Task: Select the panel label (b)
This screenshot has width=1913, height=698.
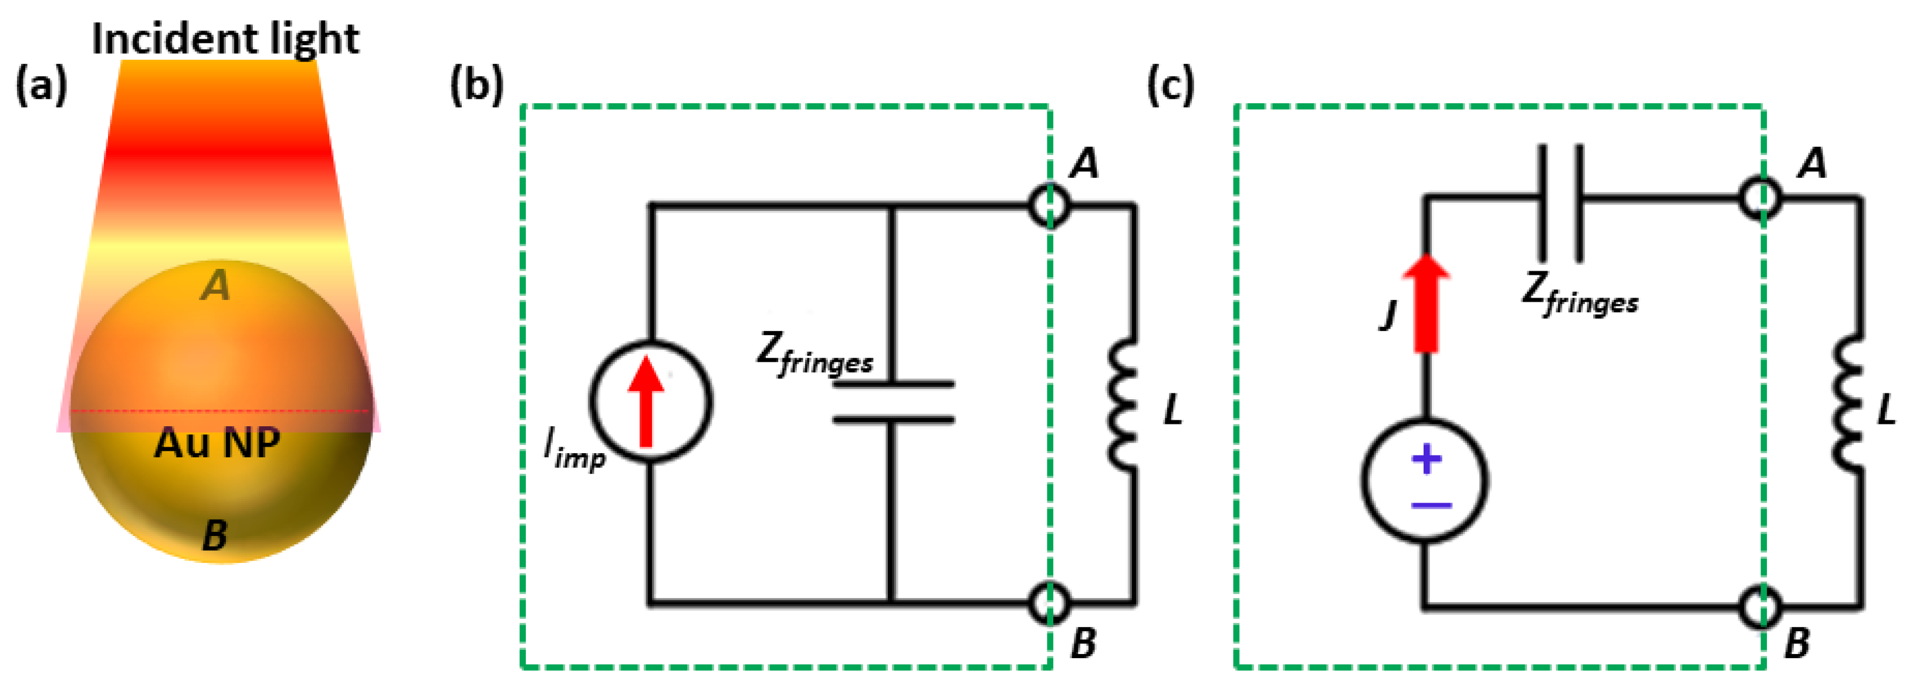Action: point(476,85)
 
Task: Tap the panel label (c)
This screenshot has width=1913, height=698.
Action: point(1171,85)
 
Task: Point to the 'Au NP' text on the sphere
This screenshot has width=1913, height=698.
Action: point(217,443)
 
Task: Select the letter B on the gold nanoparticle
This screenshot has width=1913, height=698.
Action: point(215,535)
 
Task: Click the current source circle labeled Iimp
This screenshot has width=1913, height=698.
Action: point(651,402)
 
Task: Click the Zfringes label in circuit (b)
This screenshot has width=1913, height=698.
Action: point(814,353)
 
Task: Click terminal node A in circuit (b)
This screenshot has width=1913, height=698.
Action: point(1050,205)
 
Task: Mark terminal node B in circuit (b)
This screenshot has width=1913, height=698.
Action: point(1050,602)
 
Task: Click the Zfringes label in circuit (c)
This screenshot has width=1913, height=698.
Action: point(1580,294)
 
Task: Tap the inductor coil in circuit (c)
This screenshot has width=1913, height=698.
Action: point(1849,404)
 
